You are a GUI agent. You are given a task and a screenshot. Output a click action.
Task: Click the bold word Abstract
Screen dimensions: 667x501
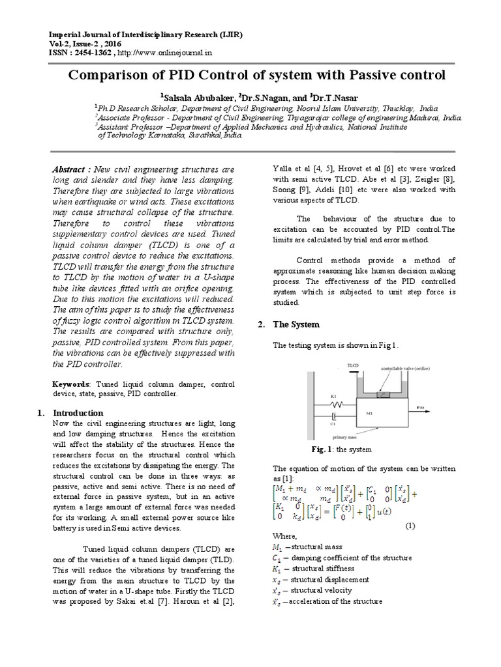[70, 169]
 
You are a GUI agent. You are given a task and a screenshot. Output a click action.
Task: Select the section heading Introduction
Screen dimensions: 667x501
[78, 413]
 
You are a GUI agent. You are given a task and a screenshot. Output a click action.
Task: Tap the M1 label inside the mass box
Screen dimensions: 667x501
[369, 412]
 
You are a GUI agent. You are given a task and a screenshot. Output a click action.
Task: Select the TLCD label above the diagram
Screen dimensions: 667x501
[353, 366]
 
